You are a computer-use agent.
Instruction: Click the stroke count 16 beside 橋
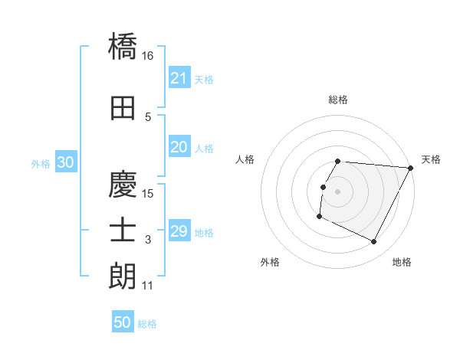148,56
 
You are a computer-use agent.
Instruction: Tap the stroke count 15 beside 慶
148,193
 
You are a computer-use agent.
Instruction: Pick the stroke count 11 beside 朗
148,286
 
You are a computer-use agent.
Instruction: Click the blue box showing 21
179,78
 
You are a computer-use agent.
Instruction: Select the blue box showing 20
179,147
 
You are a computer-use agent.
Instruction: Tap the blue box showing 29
179,231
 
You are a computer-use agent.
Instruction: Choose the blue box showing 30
65,162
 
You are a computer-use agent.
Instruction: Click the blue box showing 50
122,322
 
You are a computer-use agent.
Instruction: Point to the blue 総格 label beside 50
147,324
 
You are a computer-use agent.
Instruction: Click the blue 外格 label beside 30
40,163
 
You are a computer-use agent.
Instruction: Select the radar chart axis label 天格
431,159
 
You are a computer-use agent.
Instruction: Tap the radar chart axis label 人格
245,159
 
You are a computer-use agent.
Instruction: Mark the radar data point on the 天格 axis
411,168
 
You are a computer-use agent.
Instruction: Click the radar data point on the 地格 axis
374,242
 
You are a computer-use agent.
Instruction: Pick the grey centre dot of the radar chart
337,191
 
